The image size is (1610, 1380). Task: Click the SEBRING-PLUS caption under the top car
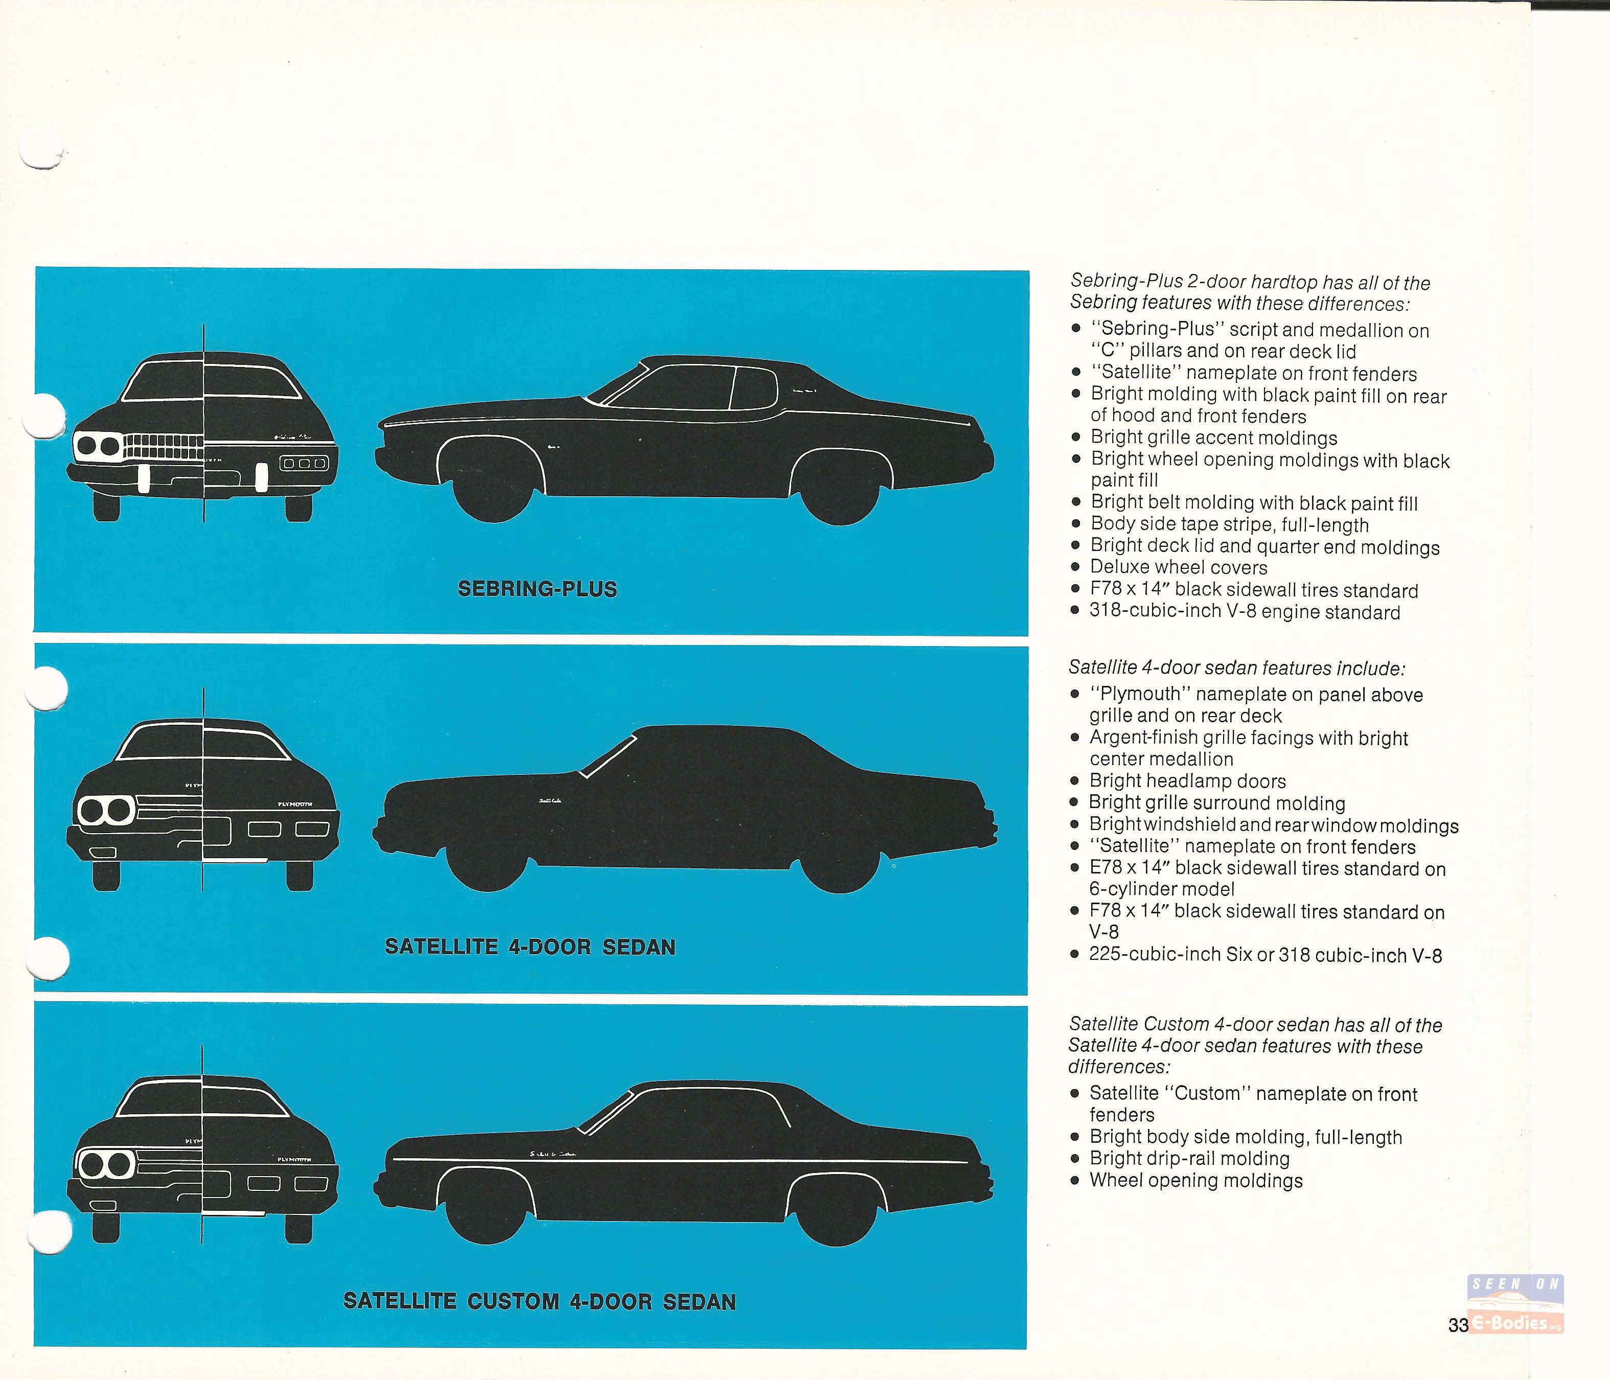pyautogui.click(x=538, y=589)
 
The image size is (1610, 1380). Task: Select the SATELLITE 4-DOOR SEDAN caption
pyautogui.click(x=531, y=947)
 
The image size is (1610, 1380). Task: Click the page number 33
pyautogui.click(x=1458, y=1326)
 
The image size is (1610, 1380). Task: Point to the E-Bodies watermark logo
pyautogui.click(x=1515, y=1305)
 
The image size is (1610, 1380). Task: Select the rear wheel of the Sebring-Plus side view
pyautogui.click(x=838, y=490)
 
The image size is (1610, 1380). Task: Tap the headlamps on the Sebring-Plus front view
pyautogui.click(x=98, y=446)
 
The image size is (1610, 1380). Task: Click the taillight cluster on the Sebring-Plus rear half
pyautogui.click(x=304, y=464)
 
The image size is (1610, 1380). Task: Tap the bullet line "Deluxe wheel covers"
pyautogui.click(x=1178, y=568)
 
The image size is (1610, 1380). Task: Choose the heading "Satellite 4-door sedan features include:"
pyautogui.click(x=1237, y=668)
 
